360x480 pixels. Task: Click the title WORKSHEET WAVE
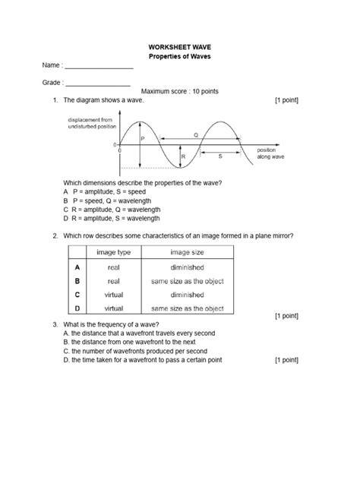point(179,46)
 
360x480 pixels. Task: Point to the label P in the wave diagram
point(143,139)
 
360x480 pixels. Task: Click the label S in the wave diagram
point(220,155)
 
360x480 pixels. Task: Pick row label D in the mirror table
point(77,308)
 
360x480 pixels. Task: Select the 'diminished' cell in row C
point(187,295)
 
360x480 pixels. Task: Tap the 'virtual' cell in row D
point(114,308)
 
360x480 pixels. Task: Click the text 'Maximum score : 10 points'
point(179,91)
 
